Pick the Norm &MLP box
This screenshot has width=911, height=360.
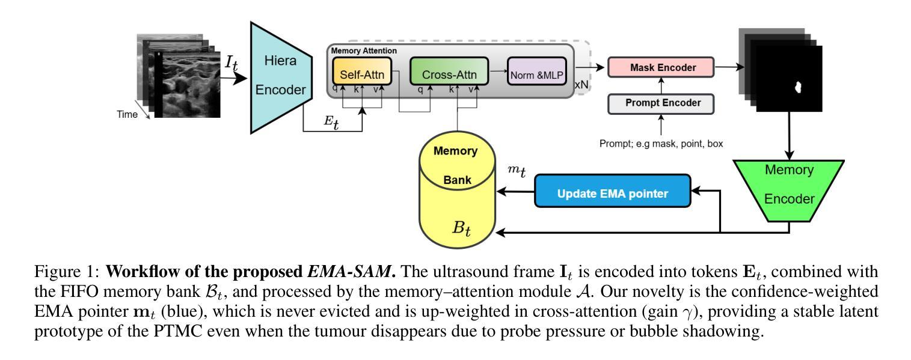[537, 77]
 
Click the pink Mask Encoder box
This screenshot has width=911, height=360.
[661, 68]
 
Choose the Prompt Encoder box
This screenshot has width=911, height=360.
[661, 103]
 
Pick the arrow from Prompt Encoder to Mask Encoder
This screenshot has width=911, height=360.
[661, 85]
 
